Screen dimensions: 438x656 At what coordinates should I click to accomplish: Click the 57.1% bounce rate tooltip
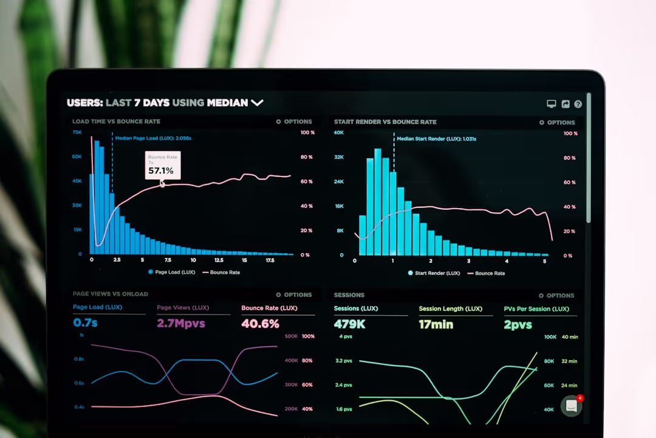[162, 165]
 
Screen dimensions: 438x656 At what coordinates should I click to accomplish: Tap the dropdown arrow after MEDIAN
[257, 103]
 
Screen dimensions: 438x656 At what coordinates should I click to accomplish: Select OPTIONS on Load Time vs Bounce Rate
[294, 122]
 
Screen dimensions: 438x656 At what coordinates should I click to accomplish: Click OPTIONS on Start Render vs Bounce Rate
[557, 122]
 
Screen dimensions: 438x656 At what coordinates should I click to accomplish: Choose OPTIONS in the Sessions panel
[556, 296]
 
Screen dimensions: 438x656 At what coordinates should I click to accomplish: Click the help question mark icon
[578, 104]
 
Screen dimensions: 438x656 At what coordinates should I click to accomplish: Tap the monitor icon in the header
[552, 104]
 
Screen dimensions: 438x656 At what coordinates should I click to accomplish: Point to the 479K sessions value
[350, 324]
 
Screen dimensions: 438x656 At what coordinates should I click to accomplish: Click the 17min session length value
[436, 324]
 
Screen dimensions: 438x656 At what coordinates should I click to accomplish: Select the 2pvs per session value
[518, 325]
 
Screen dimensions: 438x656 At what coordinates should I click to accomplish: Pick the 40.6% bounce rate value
[260, 324]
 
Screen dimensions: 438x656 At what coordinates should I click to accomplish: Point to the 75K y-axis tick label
[77, 132]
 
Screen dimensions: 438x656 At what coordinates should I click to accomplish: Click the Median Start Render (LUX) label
[436, 139]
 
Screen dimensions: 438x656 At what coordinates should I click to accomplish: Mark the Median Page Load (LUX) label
[153, 138]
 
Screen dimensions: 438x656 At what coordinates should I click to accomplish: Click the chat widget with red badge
[571, 406]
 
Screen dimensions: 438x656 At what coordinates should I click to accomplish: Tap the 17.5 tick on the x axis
[270, 260]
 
